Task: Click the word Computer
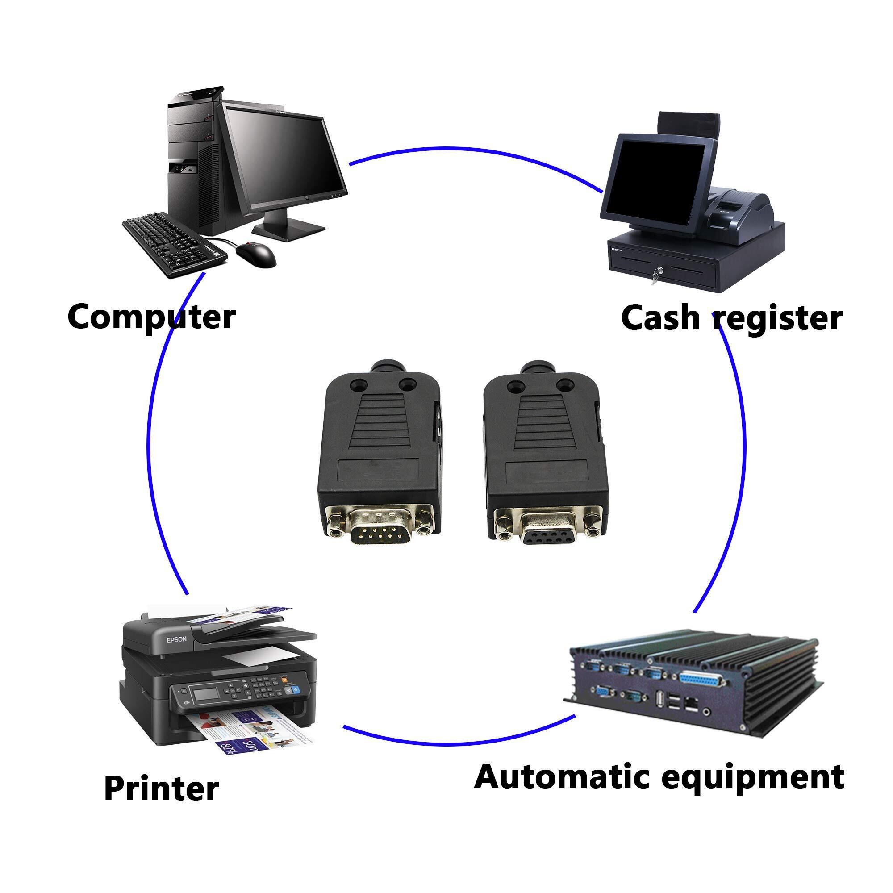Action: click(152, 317)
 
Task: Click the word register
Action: click(778, 320)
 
